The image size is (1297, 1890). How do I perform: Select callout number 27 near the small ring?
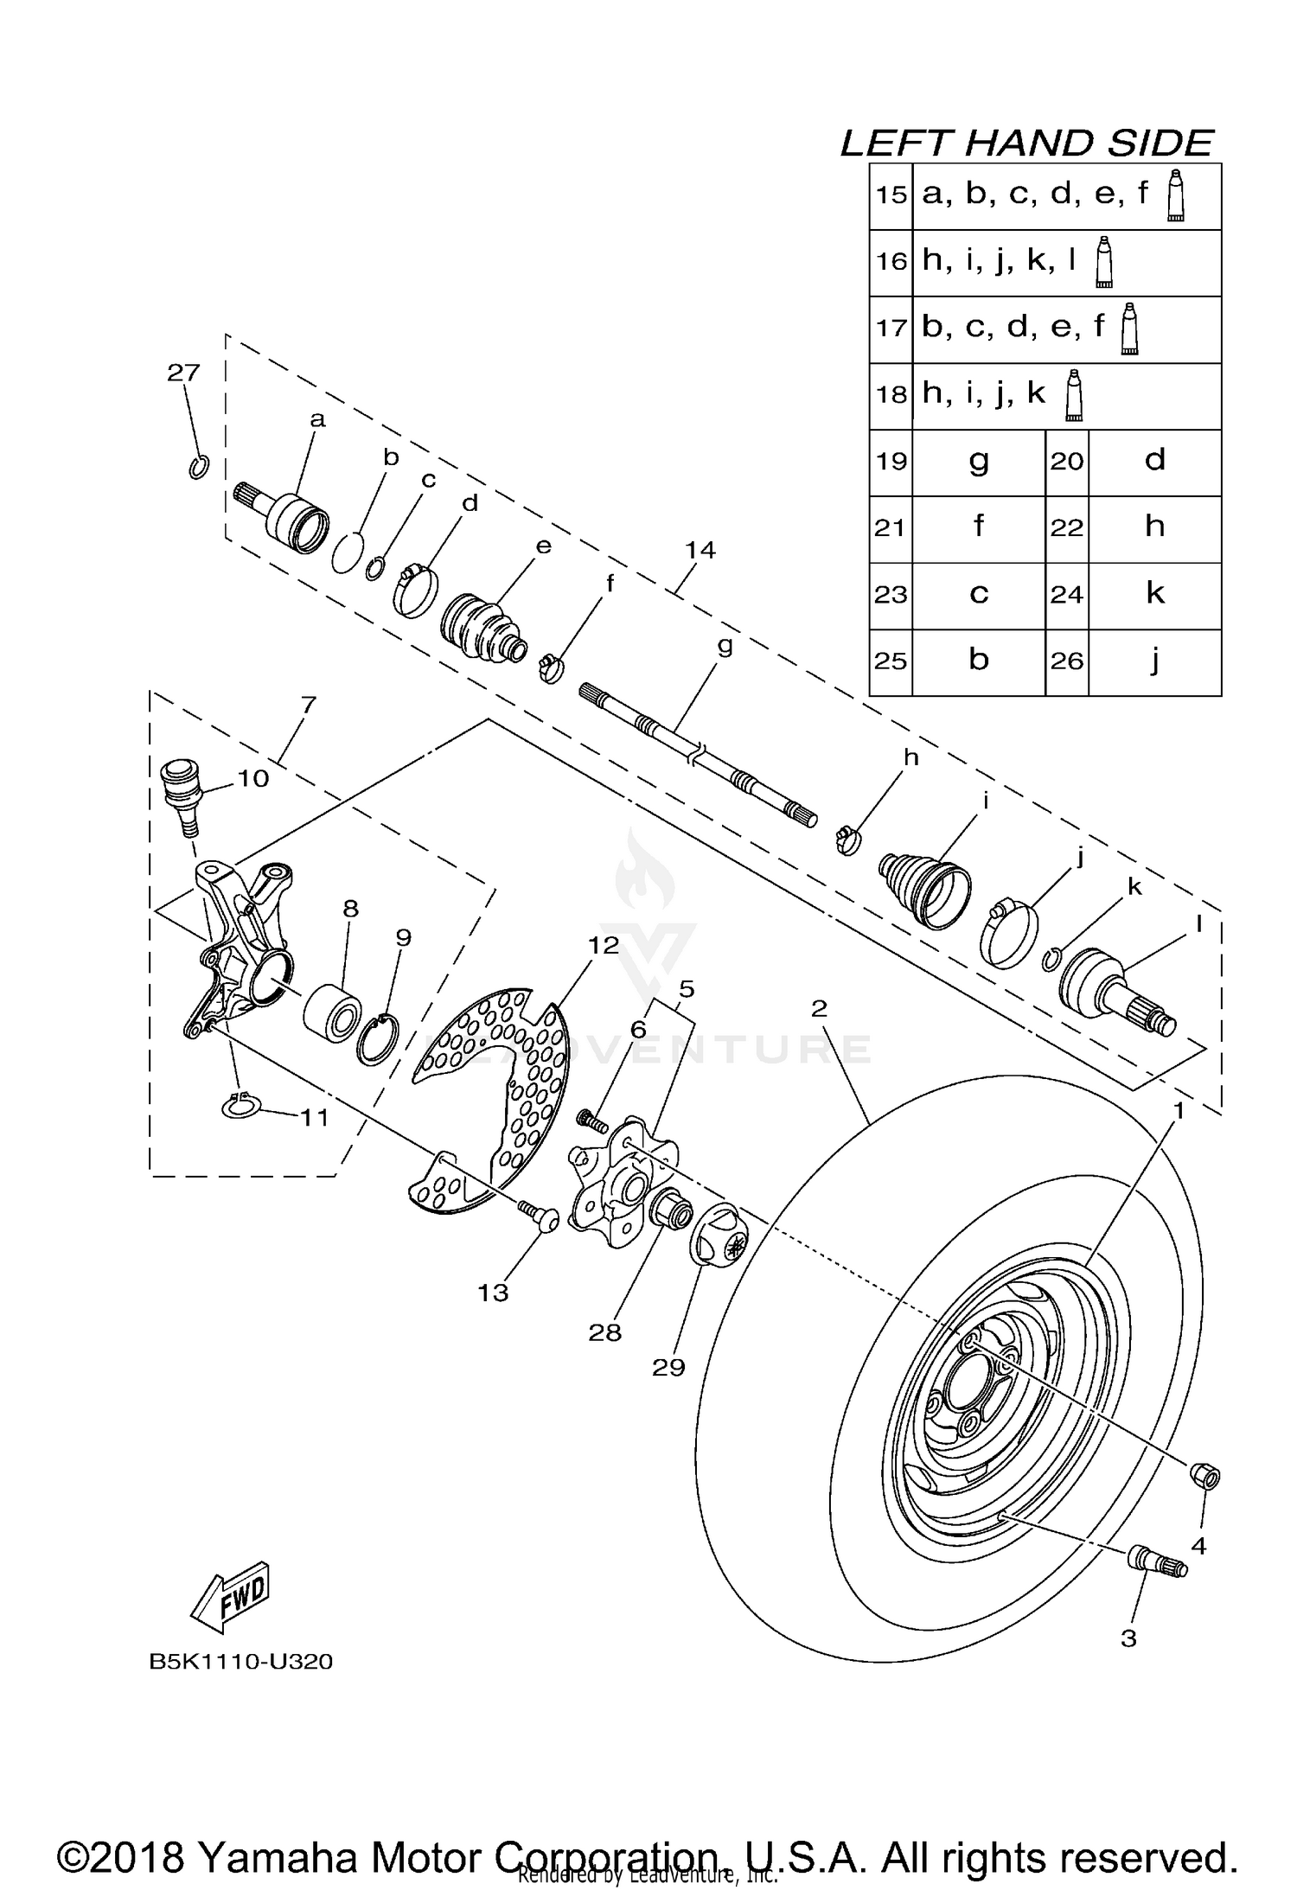pos(183,374)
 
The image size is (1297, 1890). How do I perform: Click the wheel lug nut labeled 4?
pos(1204,1477)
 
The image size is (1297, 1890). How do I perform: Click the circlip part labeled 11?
pos(241,1107)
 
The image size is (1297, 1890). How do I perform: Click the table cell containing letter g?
pos(978,462)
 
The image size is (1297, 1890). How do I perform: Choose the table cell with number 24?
pos(1066,595)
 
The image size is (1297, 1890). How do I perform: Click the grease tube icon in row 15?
pos(1174,197)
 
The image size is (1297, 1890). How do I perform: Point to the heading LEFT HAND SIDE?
pos(1026,143)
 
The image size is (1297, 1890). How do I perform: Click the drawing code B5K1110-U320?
pos(241,1661)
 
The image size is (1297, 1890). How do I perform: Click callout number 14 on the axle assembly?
pos(700,550)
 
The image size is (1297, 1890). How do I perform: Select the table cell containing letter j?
pos(1154,661)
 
